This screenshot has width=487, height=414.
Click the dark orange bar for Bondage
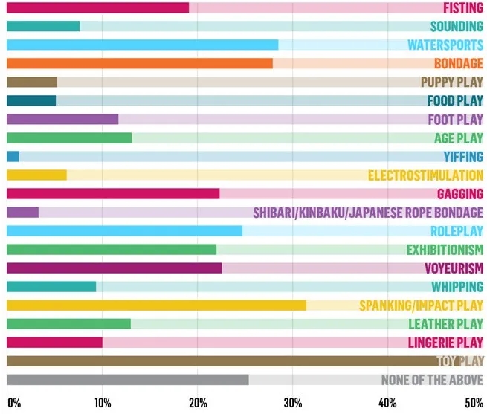[139, 63]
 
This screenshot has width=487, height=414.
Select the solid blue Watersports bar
[142, 45]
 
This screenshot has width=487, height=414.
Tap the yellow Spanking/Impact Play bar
[156, 305]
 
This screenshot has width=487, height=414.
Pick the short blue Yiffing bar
[13, 156]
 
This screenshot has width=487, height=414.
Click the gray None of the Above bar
[127, 380]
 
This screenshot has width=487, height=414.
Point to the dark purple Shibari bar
[22, 212]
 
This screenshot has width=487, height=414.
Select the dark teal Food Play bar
[30, 100]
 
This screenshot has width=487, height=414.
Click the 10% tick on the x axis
[103, 404]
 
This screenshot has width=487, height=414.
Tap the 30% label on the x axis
[292, 404]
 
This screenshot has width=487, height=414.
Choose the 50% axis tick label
[473, 404]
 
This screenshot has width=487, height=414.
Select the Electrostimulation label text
[425, 175]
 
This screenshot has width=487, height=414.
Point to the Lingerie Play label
[445, 343]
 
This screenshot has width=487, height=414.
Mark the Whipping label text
[457, 287]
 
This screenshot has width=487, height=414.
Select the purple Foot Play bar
[62, 119]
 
